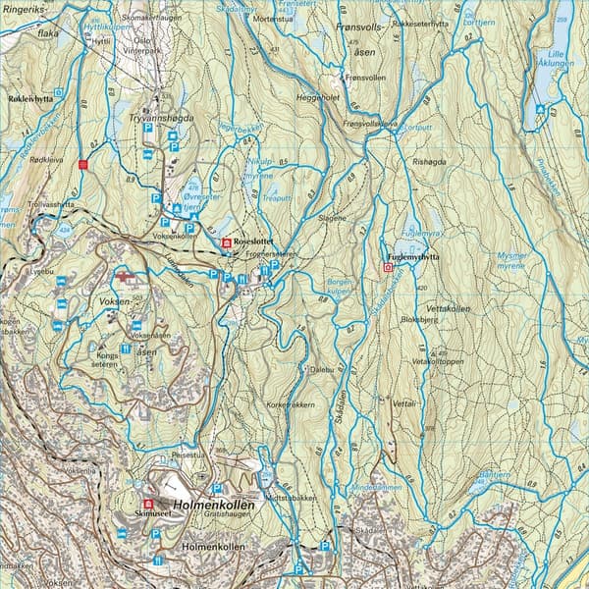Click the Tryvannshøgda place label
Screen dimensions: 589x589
coord(159,117)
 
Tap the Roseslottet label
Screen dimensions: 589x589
coord(255,241)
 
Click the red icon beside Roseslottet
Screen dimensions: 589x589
coord(227,242)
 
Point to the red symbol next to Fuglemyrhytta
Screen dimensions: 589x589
coord(387,266)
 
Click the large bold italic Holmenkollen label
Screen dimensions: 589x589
coord(213,505)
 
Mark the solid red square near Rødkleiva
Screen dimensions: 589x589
coord(83,165)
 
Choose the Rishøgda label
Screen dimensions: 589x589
coord(430,162)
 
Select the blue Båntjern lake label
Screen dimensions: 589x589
coord(494,475)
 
